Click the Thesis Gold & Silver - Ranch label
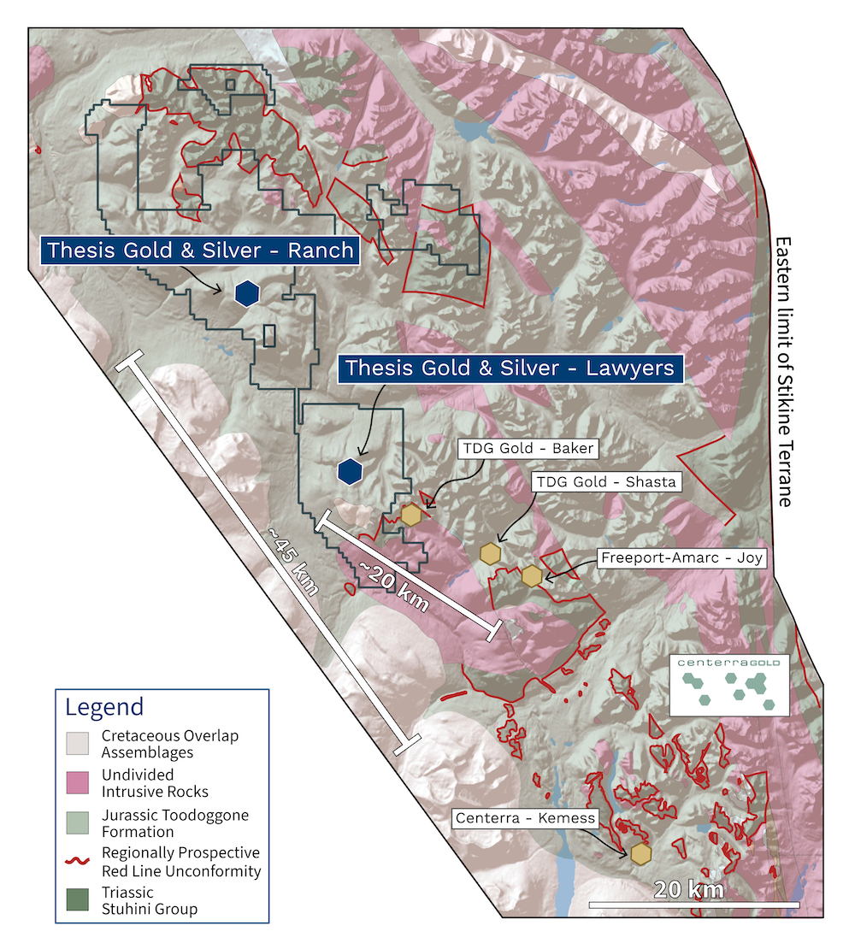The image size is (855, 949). point(200,251)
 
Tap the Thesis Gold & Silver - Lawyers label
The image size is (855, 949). point(509,368)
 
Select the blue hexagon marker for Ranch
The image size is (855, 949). point(246,293)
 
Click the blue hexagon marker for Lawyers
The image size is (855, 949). point(349,471)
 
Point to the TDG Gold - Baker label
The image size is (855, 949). point(527,448)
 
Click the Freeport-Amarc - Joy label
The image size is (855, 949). point(681,558)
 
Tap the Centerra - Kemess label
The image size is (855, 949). point(524,818)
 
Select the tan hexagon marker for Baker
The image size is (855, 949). point(411,516)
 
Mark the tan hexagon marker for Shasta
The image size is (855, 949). point(490,553)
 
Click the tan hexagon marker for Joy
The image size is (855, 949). point(532,576)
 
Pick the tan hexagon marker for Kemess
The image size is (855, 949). point(640,853)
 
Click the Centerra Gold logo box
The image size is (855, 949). point(728,686)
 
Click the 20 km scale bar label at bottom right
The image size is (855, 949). point(688,889)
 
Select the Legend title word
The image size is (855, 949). point(104,707)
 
